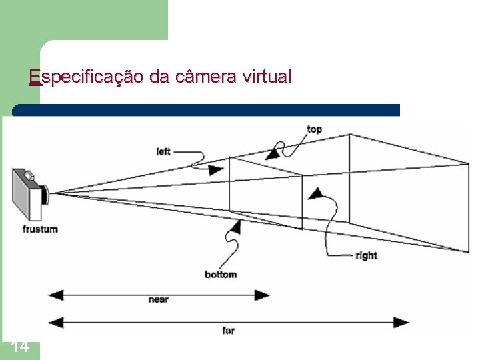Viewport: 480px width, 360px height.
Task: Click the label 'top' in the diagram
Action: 314,129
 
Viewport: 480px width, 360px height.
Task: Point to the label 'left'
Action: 163,151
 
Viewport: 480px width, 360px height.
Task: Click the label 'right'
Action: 366,255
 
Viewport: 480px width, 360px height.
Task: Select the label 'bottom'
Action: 220,274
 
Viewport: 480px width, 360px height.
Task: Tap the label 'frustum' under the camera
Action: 40,229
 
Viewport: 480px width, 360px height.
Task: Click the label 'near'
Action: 158,301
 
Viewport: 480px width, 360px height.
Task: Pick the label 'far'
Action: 228,330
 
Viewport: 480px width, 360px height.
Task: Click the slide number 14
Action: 20,347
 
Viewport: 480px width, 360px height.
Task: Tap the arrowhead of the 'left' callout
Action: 215,170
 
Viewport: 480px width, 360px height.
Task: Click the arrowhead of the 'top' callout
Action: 272,155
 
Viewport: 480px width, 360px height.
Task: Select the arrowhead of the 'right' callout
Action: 315,194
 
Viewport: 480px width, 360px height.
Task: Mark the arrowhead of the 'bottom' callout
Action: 233,227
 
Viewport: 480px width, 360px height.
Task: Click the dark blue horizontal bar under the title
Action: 207,110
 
